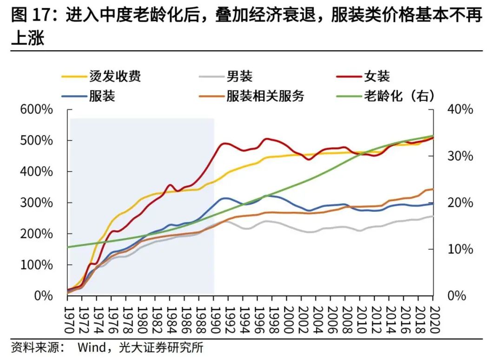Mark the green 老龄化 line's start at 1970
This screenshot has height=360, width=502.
coord(68,247)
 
